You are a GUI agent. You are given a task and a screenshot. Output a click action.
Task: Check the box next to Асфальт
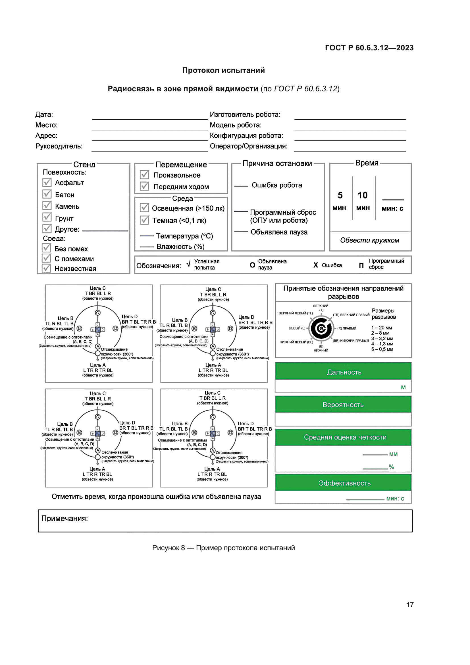47,182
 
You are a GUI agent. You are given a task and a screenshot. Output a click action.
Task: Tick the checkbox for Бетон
47,194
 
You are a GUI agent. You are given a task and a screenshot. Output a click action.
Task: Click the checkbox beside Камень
47,206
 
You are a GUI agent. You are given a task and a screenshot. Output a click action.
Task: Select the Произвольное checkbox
144,175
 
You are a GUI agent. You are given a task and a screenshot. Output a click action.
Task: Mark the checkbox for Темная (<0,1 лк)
144,220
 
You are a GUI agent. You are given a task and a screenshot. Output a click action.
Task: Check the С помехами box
46,258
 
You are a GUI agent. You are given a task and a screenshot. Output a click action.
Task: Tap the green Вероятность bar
343,404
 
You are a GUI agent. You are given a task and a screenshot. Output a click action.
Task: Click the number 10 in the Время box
362,195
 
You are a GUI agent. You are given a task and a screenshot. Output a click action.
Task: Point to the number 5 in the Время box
340,195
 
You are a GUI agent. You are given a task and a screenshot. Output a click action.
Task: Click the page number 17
409,605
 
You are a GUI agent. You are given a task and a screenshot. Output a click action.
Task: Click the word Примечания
64,518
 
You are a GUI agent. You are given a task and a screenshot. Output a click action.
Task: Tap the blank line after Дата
150,117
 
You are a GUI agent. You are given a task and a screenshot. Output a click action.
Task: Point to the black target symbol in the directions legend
321,328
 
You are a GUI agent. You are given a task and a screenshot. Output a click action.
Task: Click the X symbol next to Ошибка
315,265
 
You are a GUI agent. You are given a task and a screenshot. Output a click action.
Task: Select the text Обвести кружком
370,240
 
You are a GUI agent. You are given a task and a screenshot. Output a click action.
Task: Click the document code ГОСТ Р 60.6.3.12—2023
369,48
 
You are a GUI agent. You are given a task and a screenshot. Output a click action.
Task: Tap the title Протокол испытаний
223,71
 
